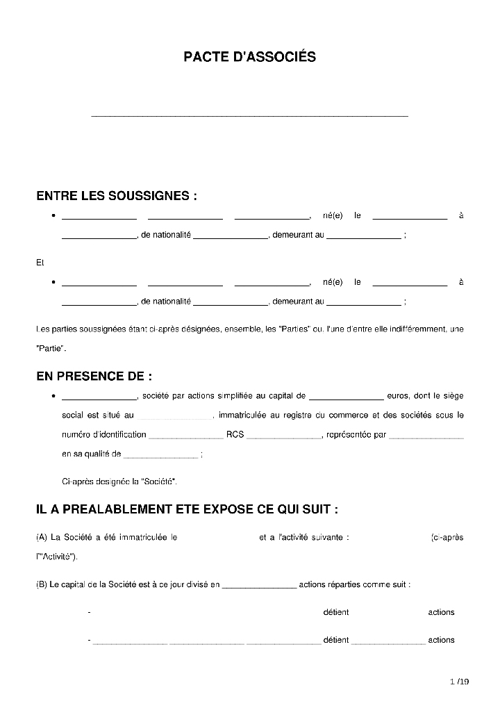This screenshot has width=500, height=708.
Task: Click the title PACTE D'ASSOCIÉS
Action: pos(249,57)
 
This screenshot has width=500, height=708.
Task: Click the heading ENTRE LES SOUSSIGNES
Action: pos(117,196)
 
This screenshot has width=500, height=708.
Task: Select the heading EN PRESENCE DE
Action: pos(94,377)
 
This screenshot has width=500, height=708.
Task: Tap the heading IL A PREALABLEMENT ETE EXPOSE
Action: pos(187,509)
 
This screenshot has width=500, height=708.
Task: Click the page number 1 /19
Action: pos(459,682)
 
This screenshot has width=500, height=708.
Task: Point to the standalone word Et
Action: pos(40,263)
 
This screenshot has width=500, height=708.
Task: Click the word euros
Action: pos(398,396)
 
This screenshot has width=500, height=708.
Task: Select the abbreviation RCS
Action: pos(235,435)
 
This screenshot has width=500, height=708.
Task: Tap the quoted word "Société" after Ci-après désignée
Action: pos(158,481)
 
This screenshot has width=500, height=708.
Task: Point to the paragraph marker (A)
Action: pos(41,537)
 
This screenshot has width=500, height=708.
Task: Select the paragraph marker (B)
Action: pos(41,584)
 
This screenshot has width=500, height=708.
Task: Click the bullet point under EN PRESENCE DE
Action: pos(53,396)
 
